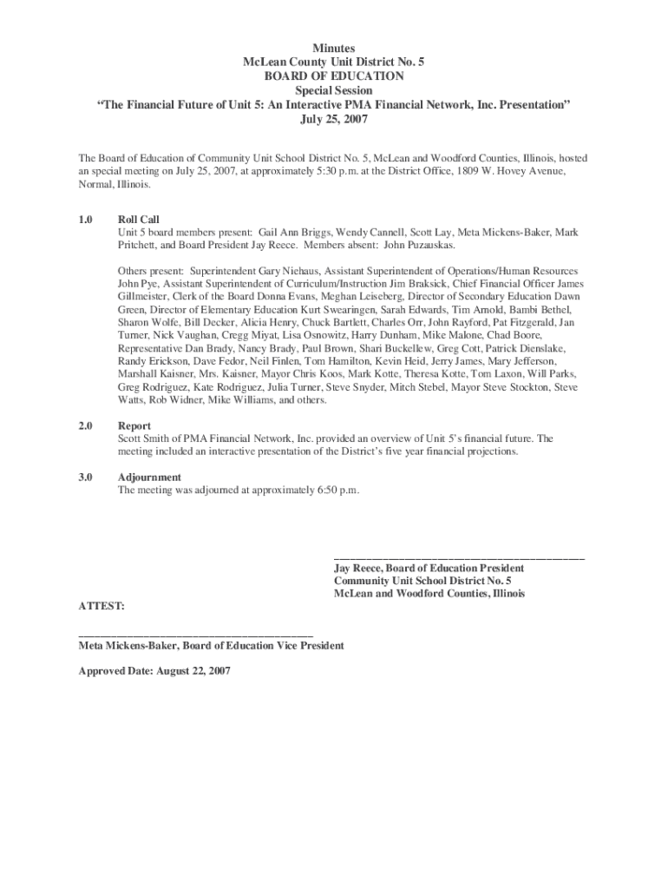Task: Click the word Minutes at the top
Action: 333,48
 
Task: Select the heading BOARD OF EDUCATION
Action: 333,76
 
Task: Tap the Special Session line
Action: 333,90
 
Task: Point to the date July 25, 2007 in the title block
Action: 333,119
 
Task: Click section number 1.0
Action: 85,220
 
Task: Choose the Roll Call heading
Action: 139,220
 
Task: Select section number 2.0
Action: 85,426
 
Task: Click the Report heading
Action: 134,426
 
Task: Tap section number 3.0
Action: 85,477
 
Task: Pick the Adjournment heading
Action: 149,477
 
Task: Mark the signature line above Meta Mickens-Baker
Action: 195,636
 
